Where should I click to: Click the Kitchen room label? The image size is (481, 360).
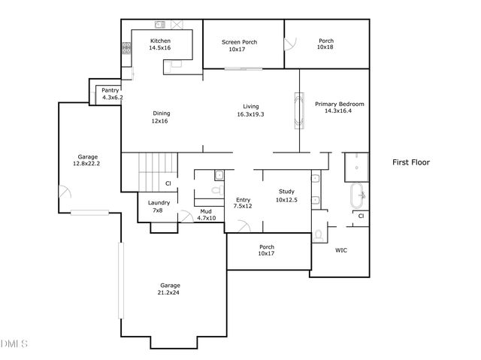tap(160, 41)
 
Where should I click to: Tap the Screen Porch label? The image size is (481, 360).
tap(239, 42)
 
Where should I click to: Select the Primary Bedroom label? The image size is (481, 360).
tap(339, 104)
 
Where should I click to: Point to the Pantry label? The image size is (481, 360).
tap(110, 90)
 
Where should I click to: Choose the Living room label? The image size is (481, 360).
tap(250, 106)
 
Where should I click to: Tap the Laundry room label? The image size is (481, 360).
tap(159, 202)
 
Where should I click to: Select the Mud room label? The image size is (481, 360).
tap(205, 211)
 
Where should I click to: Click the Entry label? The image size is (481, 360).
tap(242, 199)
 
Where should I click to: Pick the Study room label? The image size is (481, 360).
tap(286, 192)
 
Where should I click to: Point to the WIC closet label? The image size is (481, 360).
tap(341, 250)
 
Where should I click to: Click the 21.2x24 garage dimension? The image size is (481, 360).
tap(170, 292)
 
